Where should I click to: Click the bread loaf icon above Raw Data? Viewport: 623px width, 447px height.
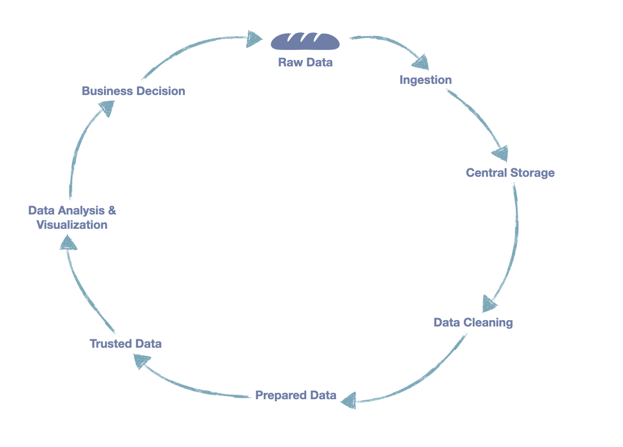pyautogui.click(x=305, y=41)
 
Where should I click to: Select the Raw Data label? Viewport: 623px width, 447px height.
pyautogui.click(x=305, y=63)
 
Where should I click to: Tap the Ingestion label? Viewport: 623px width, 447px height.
pyautogui.click(x=426, y=80)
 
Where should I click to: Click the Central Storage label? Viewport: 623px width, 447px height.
pyautogui.click(x=510, y=173)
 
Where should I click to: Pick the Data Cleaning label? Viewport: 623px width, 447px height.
pyautogui.click(x=473, y=323)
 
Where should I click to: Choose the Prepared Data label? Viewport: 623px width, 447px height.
pyautogui.click(x=296, y=396)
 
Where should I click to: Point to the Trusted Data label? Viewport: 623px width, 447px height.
pyautogui.click(x=126, y=344)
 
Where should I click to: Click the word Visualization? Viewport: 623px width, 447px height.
pyautogui.click(x=72, y=225)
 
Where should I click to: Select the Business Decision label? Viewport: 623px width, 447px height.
pyautogui.click(x=133, y=91)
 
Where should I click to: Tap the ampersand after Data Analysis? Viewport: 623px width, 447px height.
pyautogui.click(x=112, y=211)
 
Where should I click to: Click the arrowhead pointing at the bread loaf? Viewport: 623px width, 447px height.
pyautogui.click(x=255, y=38)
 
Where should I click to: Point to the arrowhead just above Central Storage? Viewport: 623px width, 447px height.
pyautogui.click(x=500, y=153)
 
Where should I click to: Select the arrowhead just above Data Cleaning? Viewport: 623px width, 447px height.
pyautogui.click(x=489, y=304)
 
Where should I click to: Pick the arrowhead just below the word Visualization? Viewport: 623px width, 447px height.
pyautogui.click(x=67, y=243)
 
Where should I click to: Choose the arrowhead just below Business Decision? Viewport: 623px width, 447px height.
pyautogui.click(x=107, y=108)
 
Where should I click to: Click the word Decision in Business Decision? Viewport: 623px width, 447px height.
pyautogui.click(x=161, y=91)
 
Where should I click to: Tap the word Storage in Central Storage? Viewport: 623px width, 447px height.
pyautogui.click(x=532, y=173)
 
